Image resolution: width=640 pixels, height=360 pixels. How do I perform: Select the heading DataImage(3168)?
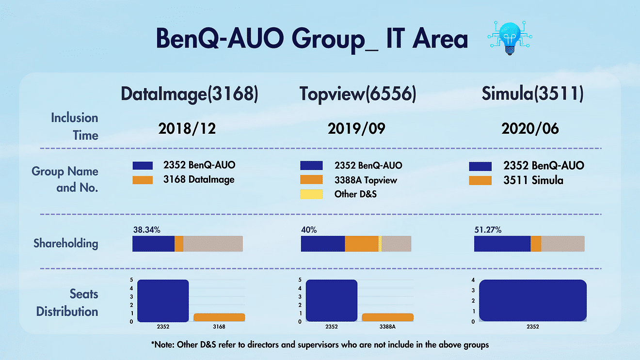click(189, 94)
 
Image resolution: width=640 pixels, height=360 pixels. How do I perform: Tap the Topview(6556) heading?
click(357, 94)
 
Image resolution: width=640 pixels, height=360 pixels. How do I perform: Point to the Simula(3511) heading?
click(532, 94)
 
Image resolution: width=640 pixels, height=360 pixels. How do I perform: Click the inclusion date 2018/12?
click(187, 129)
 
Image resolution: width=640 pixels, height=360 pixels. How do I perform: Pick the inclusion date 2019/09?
click(357, 129)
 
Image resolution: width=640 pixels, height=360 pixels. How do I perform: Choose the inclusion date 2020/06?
click(530, 129)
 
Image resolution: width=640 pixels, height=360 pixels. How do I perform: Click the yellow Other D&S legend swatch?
click(311, 194)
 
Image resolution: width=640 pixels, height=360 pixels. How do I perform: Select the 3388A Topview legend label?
click(366, 180)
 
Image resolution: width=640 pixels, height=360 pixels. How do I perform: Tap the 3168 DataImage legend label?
click(199, 180)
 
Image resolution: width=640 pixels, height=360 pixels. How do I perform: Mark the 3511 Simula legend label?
click(533, 181)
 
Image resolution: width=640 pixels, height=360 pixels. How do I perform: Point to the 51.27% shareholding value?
click(487, 230)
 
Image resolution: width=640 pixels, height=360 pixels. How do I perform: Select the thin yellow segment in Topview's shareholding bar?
click(380, 244)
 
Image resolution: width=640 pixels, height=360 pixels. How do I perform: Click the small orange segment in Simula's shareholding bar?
click(536, 244)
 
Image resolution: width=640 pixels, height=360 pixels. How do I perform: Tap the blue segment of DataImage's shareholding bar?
click(153, 244)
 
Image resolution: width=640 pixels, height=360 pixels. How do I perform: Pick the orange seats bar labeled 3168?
click(219, 317)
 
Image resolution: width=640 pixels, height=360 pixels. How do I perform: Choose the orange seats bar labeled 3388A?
click(387, 317)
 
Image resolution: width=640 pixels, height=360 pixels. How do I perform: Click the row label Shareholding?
click(65, 243)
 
